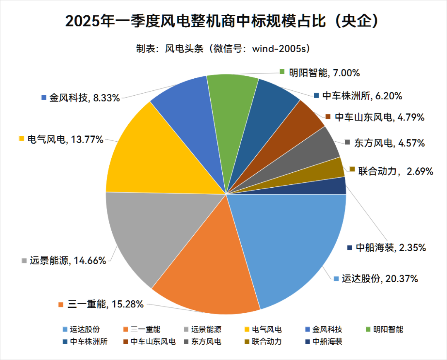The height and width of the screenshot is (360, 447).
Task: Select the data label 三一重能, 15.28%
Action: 101,304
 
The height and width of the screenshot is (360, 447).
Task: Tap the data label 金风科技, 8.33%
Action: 80,98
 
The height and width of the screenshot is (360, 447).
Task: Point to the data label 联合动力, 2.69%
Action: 391,170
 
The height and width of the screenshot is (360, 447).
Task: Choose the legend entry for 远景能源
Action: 202,330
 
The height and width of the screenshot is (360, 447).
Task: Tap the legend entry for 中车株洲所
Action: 84,342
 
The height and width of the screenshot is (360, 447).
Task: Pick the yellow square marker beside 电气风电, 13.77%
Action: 22,139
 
